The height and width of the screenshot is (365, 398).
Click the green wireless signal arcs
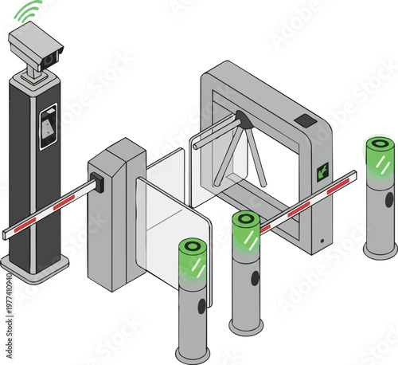click(x=29, y=11)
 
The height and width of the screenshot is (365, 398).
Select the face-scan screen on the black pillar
click(x=49, y=127)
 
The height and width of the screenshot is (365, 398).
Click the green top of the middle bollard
click(x=245, y=230)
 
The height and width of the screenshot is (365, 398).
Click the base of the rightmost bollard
click(x=380, y=250)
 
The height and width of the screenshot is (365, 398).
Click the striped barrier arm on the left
click(x=48, y=210)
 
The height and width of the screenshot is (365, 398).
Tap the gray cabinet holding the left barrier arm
click(x=115, y=215)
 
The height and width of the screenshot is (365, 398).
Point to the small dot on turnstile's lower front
click(x=322, y=240)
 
